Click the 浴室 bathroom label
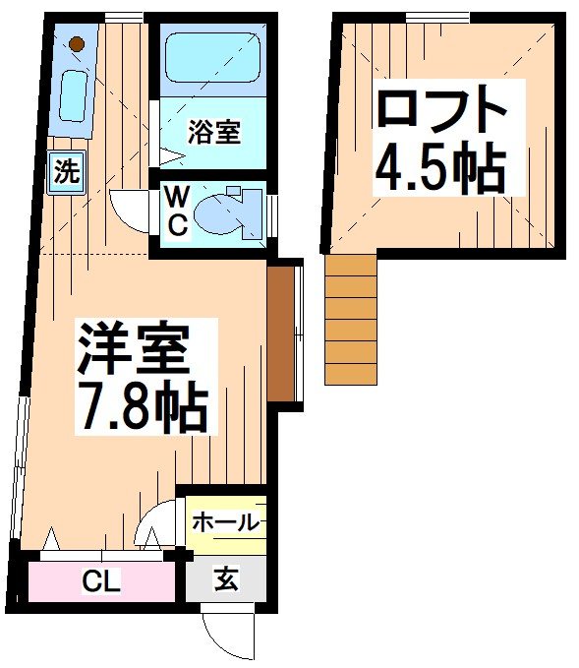click(213, 132)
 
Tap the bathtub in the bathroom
click(211, 57)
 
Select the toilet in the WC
click(223, 210)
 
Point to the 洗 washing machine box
click(65, 173)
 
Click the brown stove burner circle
click(77, 44)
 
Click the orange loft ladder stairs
click(351, 319)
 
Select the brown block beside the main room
click(281, 332)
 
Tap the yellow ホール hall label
click(224, 522)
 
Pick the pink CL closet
click(101, 581)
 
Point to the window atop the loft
click(436, 15)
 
